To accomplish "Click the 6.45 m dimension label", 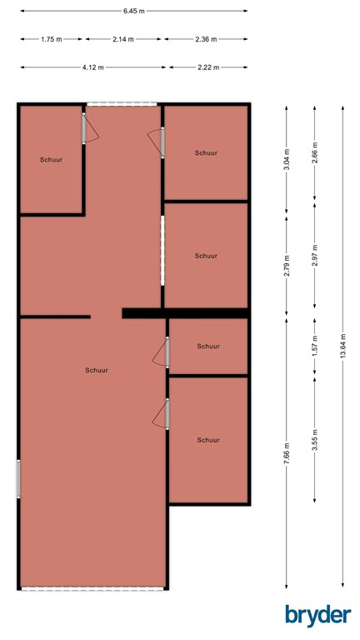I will tap(133, 11).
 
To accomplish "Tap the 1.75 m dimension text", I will tap(52, 39).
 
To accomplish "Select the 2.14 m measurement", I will tap(123, 39).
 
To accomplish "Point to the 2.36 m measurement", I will tap(205, 39).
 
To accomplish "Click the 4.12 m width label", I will tap(92, 67).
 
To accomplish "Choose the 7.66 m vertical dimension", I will tap(286, 454).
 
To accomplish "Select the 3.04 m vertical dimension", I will tap(286, 158).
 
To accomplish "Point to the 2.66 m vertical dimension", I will tap(314, 154).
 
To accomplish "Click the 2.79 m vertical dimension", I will tap(286, 267).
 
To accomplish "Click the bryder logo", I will tap(317, 615).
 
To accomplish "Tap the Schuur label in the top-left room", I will tap(51, 159).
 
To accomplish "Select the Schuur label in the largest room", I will tap(96, 370).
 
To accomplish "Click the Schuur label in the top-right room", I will tap(206, 153).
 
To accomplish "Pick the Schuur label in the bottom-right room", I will tap(208, 440).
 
